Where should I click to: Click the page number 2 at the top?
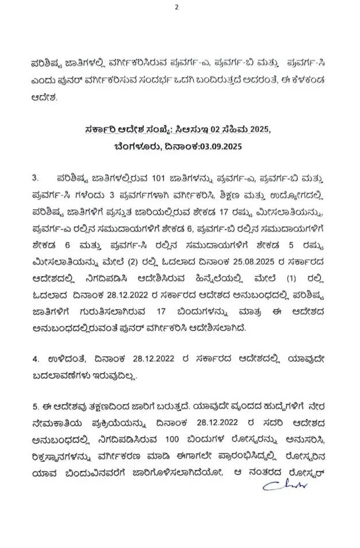coord(177,7)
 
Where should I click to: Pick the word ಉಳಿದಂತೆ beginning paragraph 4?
coord(61,359)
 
